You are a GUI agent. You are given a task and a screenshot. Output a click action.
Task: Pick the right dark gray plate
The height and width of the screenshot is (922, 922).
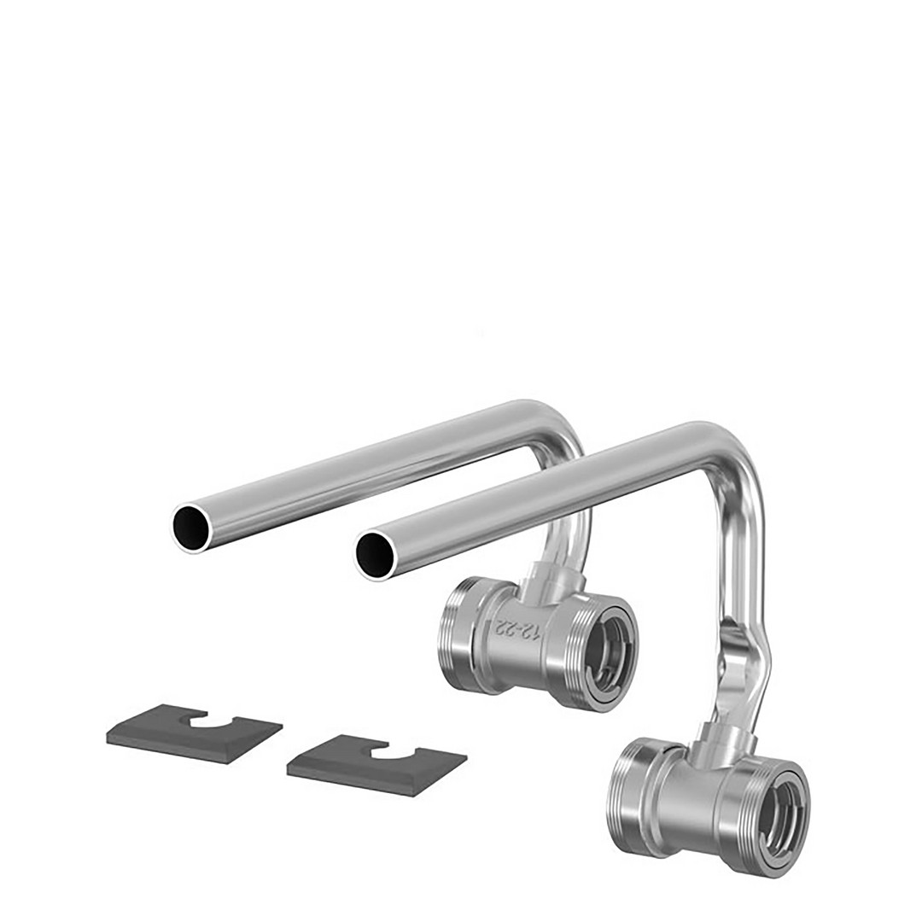tap(377, 765)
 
